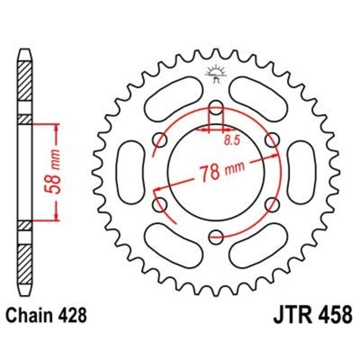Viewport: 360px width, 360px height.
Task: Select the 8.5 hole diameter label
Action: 230,140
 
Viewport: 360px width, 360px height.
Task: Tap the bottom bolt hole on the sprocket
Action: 216,235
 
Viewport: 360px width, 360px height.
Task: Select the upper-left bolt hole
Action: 160,140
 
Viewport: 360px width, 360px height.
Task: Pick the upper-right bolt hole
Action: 273,140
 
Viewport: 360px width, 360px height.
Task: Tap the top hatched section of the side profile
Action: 25,81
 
